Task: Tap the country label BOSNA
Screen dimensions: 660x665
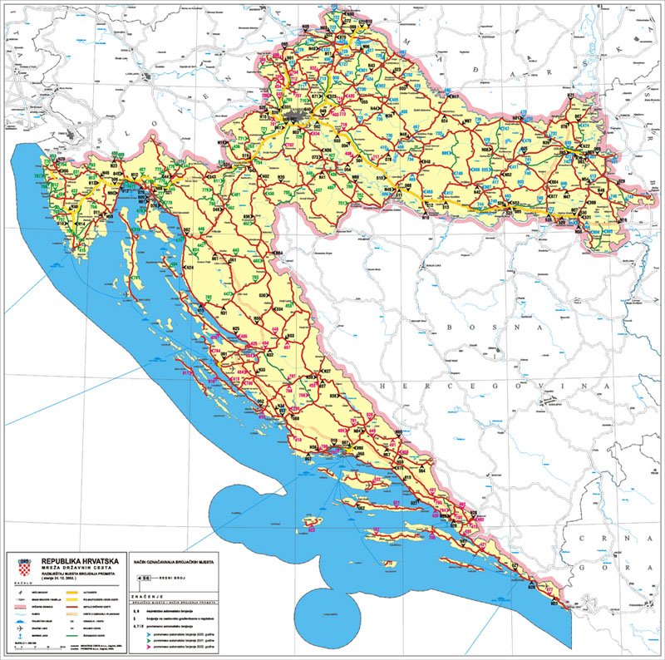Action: pyautogui.click(x=478, y=328)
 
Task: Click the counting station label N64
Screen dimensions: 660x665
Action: pyautogui.click(x=278, y=254)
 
